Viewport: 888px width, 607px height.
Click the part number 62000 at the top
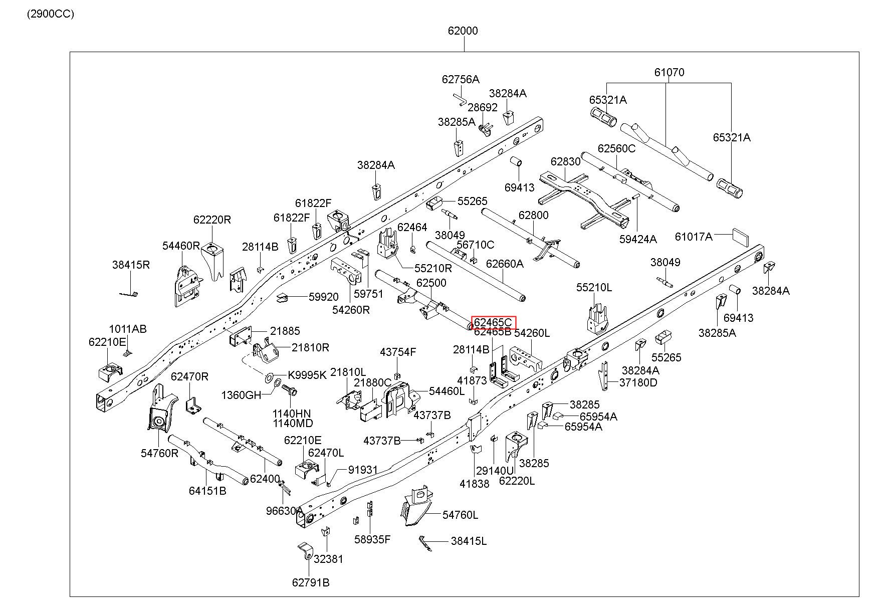point(463,31)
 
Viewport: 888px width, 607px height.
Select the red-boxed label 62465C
point(493,322)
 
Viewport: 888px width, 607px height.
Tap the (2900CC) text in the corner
point(51,14)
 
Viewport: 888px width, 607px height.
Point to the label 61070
point(669,72)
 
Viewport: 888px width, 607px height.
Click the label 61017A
point(694,236)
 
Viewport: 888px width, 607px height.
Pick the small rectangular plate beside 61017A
point(740,235)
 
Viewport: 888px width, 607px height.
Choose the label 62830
point(565,161)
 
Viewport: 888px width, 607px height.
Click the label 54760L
point(460,515)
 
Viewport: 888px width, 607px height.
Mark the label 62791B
point(311,582)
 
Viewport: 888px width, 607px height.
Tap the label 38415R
point(131,265)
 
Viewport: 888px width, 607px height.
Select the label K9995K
point(307,375)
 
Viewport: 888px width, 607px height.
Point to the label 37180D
point(638,382)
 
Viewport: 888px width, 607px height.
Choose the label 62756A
point(461,79)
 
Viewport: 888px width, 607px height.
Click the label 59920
point(323,297)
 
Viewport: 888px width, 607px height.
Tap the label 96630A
point(285,511)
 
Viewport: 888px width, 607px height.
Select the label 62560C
point(616,148)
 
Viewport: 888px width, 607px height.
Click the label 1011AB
point(128,329)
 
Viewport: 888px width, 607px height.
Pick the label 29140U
point(495,471)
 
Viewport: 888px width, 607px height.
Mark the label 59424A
point(638,239)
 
